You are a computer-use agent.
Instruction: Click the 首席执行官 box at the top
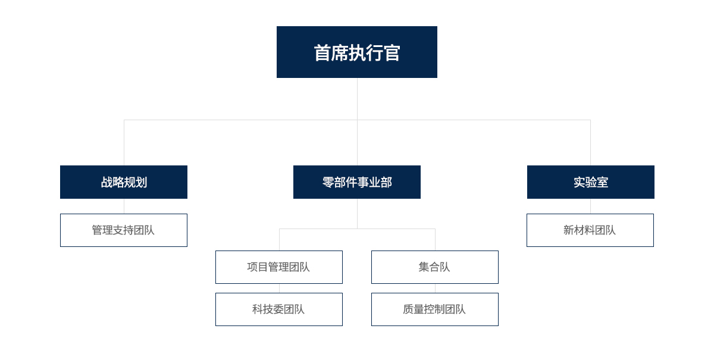point(356,52)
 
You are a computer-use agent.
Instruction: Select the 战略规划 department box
point(124,182)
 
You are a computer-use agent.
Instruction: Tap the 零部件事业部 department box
point(357,182)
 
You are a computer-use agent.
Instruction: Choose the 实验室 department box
point(591,182)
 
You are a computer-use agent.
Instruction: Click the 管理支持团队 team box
point(124,230)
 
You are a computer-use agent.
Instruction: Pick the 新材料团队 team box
point(590,230)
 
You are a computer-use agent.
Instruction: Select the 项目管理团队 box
point(279,267)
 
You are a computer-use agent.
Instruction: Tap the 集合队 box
point(435,267)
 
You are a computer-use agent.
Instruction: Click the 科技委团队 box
point(279,309)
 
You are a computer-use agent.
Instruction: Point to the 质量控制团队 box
point(435,309)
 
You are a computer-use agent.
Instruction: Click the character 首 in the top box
point(322,52)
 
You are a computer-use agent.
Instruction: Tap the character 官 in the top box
point(392,52)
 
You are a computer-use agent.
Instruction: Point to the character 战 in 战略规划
point(107,183)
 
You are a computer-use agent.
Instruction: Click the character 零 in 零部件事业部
point(328,183)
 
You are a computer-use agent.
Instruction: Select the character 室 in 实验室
point(602,183)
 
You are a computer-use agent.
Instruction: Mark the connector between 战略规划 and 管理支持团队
point(124,206)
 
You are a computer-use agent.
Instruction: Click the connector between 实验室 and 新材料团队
point(590,206)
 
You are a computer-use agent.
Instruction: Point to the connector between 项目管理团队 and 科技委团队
point(279,288)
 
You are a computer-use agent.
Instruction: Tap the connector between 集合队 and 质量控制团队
point(435,288)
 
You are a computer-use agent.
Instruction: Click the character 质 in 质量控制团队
point(408,309)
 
